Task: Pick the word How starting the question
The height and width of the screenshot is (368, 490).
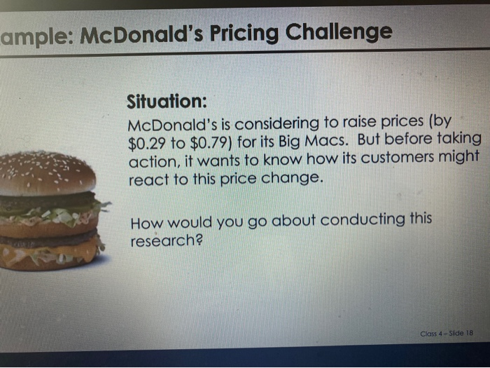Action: coord(146,225)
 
